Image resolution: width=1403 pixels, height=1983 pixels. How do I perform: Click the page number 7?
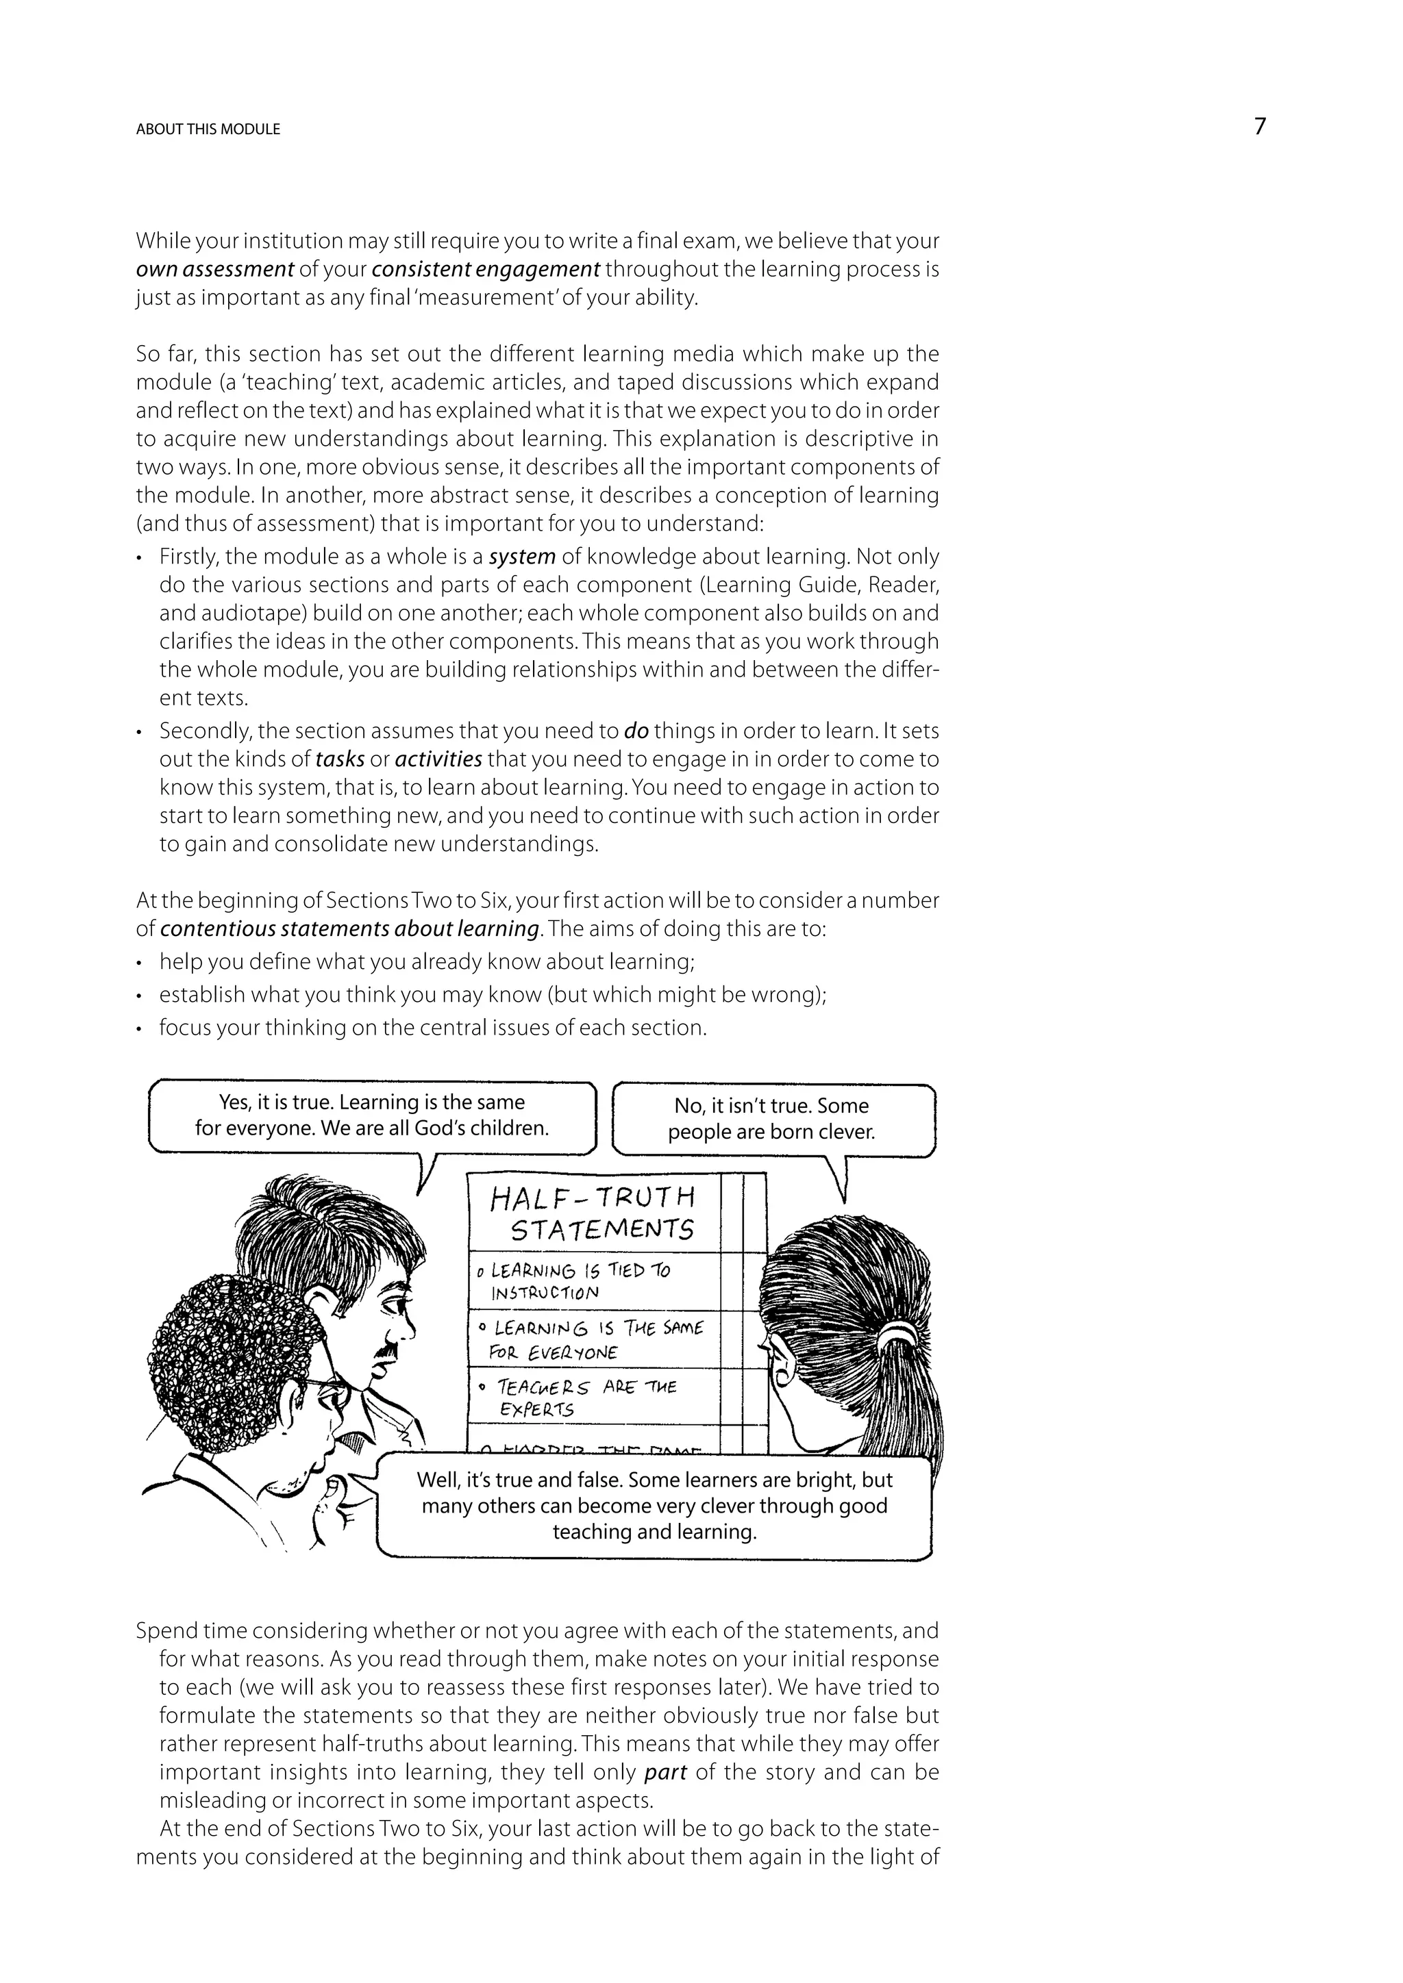[x=1260, y=127]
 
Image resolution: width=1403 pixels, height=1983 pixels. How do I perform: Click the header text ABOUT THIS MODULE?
[x=208, y=129]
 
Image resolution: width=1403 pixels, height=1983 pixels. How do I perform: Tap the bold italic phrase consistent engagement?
[x=486, y=270]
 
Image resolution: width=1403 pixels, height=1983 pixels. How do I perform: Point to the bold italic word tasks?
[x=340, y=760]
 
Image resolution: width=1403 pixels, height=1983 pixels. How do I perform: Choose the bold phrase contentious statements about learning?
[x=350, y=929]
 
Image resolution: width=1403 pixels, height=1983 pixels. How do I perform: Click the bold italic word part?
[x=665, y=1773]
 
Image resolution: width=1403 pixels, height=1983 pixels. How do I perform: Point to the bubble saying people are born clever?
[x=771, y=1120]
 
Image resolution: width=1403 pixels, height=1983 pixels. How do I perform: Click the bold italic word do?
[x=636, y=731]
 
